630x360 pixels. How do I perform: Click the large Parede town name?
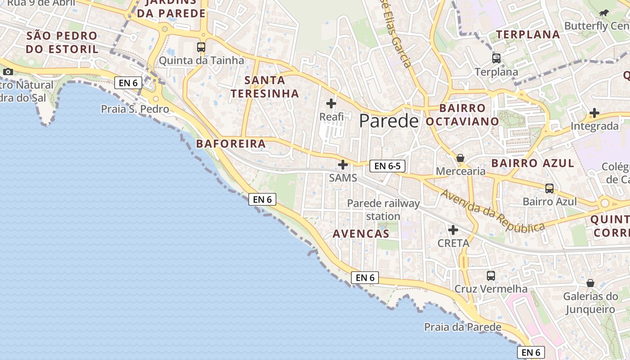point(389,121)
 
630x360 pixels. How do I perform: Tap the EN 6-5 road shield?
point(387,166)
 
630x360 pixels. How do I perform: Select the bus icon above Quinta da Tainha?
point(201,47)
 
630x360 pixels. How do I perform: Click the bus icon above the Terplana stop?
point(496,58)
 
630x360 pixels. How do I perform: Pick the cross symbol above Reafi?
point(331,103)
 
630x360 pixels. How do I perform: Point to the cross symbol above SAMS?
point(343,165)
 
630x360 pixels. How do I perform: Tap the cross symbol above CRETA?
point(453,230)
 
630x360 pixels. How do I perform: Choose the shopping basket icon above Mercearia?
point(460,158)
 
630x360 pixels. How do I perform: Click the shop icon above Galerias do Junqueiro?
point(590,283)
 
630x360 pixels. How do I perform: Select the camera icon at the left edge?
point(8,72)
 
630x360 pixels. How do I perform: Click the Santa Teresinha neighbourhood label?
point(265,87)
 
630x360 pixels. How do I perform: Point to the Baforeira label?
point(231,144)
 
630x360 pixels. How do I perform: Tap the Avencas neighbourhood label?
point(361,234)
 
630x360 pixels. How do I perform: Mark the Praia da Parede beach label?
point(463,327)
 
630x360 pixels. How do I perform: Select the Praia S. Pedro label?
point(135,109)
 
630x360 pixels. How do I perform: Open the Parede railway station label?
point(383,210)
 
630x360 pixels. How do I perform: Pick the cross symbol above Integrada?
point(594,113)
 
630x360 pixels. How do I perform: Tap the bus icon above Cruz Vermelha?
point(491,275)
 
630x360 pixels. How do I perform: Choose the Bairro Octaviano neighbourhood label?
point(463,115)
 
